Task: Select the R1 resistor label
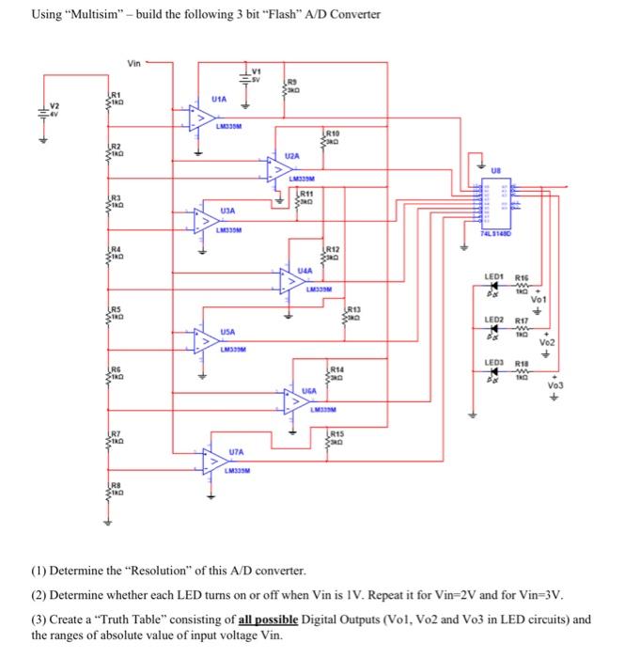117,94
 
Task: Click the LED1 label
495,276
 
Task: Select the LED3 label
495,363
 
